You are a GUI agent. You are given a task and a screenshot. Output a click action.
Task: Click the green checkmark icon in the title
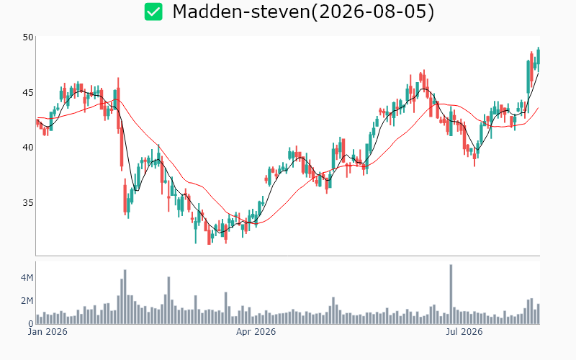tap(153, 12)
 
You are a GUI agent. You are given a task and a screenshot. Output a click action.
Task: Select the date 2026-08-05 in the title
tap(372, 12)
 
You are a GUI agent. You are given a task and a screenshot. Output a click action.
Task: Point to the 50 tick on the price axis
tap(28, 37)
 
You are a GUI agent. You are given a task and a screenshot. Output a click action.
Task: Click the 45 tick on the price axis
tap(28, 93)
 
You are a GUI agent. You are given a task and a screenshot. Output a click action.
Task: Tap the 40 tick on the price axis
tap(28, 148)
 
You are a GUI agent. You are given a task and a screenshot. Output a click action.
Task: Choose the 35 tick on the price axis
tap(28, 203)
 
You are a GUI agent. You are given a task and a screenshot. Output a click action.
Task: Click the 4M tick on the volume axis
tap(27, 278)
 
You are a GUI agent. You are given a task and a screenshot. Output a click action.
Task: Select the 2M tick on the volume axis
tap(27, 301)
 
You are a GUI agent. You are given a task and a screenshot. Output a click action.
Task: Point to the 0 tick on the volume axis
tap(31, 324)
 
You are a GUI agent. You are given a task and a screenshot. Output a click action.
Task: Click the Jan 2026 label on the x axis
tap(48, 332)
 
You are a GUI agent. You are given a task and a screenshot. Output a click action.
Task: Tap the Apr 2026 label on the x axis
tap(256, 332)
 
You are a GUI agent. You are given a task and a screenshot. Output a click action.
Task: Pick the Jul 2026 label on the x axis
tap(464, 332)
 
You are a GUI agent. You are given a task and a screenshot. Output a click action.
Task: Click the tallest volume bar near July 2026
tap(451, 294)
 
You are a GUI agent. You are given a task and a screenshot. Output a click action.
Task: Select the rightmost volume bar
tap(538, 314)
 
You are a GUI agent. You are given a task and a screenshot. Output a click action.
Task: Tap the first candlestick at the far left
tap(37, 122)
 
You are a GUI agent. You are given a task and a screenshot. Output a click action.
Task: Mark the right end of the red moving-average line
tap(538, 107)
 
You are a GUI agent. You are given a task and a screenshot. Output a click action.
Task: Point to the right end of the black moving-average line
tap(538, 73)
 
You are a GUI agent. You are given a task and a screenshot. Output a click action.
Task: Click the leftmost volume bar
tap(37, 319)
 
